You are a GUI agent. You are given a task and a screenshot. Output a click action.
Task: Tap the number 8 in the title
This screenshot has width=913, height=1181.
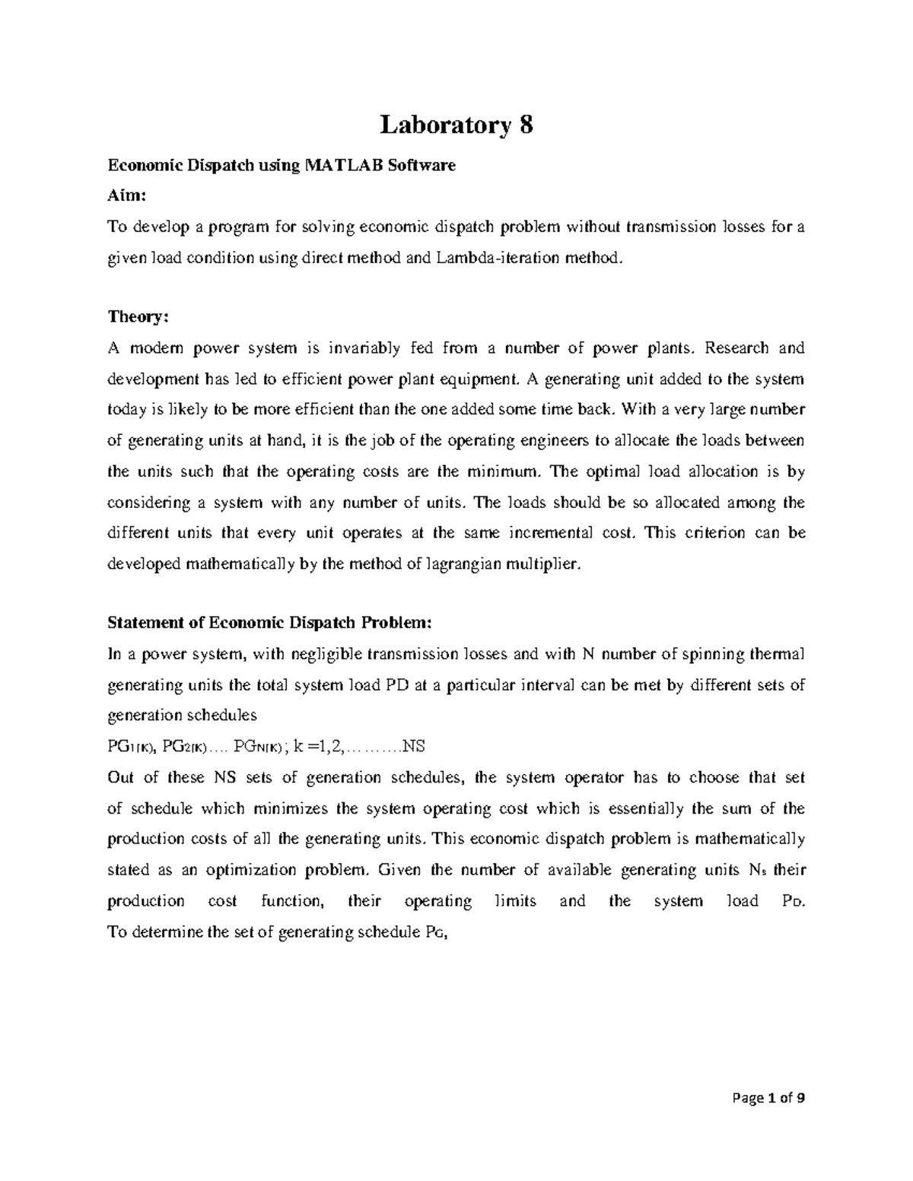click(526, 125)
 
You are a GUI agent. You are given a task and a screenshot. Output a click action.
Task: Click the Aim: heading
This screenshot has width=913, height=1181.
click(126, 195)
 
